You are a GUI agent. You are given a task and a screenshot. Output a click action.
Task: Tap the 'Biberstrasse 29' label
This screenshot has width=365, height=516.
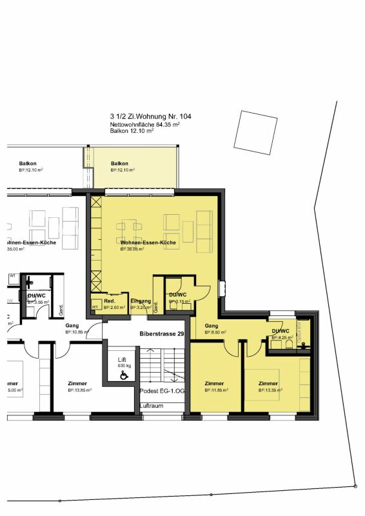(x=163, y=334)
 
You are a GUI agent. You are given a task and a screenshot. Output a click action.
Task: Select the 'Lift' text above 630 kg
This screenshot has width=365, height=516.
(x=121, y=359)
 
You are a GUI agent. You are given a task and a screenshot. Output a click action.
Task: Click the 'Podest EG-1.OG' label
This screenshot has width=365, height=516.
(x=161, y=392)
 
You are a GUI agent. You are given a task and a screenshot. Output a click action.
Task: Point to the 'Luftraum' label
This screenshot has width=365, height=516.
(x=152, y=406)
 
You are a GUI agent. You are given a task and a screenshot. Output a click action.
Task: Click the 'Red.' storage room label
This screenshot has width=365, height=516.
(x=110, y=301)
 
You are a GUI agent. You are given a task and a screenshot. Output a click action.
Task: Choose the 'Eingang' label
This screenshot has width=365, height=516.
(x=140, y=301)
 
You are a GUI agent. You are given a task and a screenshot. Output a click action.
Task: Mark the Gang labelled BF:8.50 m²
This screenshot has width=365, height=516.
(x=212, y=326)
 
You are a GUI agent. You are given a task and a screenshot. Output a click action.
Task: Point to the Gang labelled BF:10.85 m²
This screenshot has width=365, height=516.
(x=72, y=326)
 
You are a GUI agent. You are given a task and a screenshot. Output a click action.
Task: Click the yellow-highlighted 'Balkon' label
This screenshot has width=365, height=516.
(x=119, y=163)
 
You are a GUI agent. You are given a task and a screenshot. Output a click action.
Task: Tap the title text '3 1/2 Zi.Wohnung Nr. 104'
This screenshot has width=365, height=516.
(x=150, y=117)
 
